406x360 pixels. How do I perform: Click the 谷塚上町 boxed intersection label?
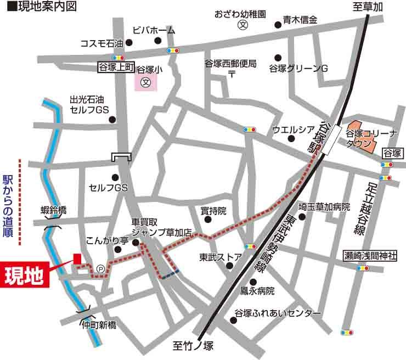click(116, 67)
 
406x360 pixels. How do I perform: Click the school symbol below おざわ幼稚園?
click(241, 25)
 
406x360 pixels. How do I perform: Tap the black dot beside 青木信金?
click(277, 25)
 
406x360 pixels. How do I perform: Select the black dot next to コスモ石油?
click(129, 42)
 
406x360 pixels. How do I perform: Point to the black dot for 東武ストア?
click(229, 267)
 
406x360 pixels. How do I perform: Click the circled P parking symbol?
click(101, 269)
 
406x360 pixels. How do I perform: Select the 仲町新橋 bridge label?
click(99, 324)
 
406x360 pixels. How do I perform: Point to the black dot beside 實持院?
click(208, 220)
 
